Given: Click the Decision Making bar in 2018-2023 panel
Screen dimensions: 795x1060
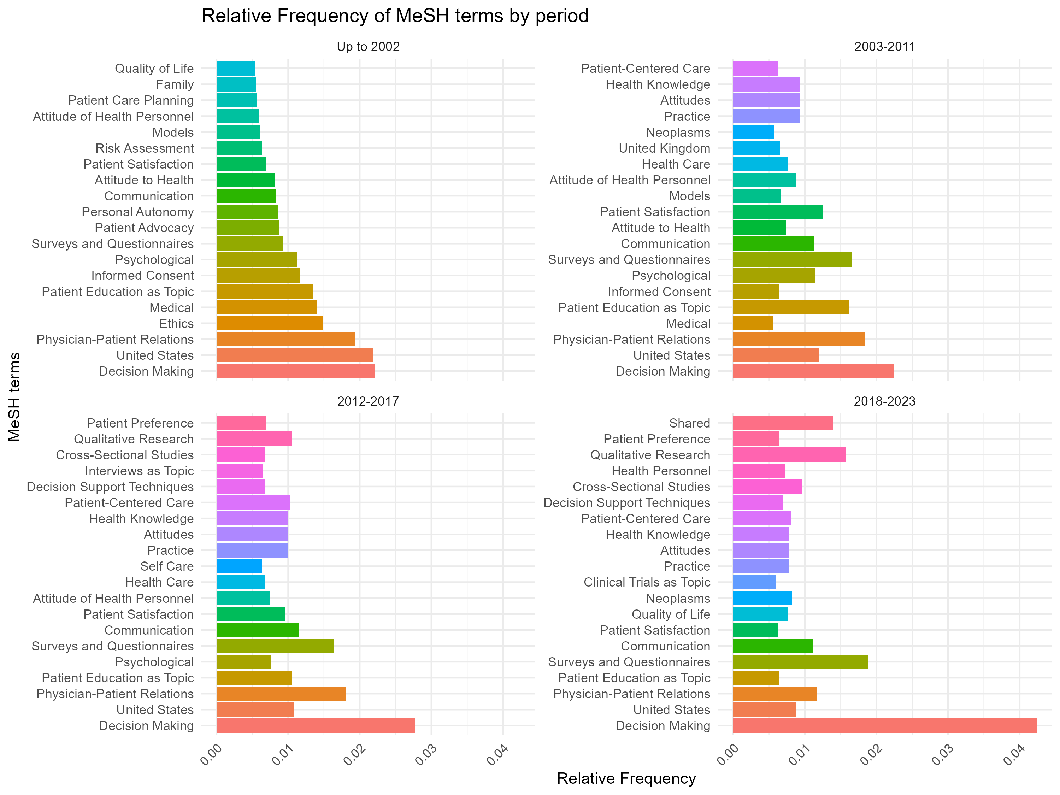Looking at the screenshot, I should pos(884,725).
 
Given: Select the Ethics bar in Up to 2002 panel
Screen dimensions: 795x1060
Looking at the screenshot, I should pos(270,323).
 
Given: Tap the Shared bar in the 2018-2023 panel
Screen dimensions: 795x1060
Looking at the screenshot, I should pos(783,423).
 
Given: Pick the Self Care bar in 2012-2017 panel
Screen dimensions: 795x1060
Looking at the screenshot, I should pos(239,566).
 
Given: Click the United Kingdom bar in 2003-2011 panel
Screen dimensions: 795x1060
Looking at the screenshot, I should pos(756,148).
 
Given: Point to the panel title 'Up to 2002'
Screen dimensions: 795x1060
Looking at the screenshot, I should pos(368,47).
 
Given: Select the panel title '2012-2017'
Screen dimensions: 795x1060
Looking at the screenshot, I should pos(368,401).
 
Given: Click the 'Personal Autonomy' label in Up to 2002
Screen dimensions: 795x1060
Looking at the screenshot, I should pos(137,212).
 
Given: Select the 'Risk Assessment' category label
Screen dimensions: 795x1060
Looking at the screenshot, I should pos(144,148).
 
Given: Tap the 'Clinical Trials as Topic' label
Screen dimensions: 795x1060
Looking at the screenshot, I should pos(647,582).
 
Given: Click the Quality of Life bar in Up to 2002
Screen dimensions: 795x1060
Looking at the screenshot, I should pos(236,69).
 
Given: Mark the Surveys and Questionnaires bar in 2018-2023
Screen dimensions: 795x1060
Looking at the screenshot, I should pos(800,662).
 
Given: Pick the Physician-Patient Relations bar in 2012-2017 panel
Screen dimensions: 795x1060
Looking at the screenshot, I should pos(281,694).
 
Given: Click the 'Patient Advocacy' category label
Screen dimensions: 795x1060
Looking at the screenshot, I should pos(144,228).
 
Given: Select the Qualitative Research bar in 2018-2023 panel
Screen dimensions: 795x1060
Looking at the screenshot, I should pos(789,455).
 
